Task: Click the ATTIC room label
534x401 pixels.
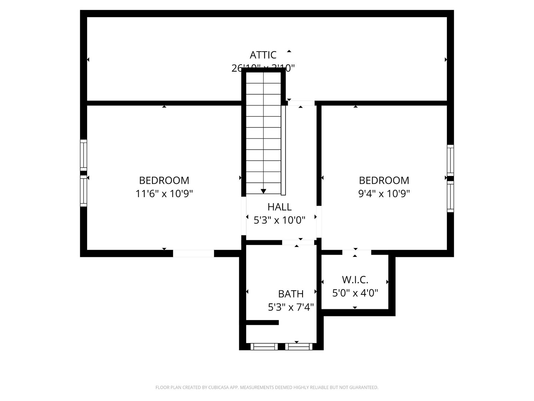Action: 263,55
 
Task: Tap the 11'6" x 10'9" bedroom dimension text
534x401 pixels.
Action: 164,193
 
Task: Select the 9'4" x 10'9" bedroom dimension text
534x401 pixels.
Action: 384,193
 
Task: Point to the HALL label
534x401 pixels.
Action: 279,207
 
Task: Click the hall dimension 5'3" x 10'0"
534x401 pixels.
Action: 279,220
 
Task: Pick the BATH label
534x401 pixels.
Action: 291,294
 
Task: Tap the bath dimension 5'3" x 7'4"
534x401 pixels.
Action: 291,307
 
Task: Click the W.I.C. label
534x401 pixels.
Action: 355,280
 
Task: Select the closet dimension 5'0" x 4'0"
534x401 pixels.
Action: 355,293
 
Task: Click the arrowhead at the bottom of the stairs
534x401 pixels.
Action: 263,191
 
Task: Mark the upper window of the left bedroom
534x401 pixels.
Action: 84,155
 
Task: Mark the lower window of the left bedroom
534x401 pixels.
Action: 84,191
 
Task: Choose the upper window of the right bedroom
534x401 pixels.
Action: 450,160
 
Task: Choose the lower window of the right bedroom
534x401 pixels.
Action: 450,197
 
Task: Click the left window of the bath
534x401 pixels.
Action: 264,347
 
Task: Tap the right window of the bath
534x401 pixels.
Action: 299,347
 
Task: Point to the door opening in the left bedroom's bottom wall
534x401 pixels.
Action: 194,254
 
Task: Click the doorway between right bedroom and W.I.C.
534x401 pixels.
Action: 356,252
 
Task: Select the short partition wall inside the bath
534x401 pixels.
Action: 262,322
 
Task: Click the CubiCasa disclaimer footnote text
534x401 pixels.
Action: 267,387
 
